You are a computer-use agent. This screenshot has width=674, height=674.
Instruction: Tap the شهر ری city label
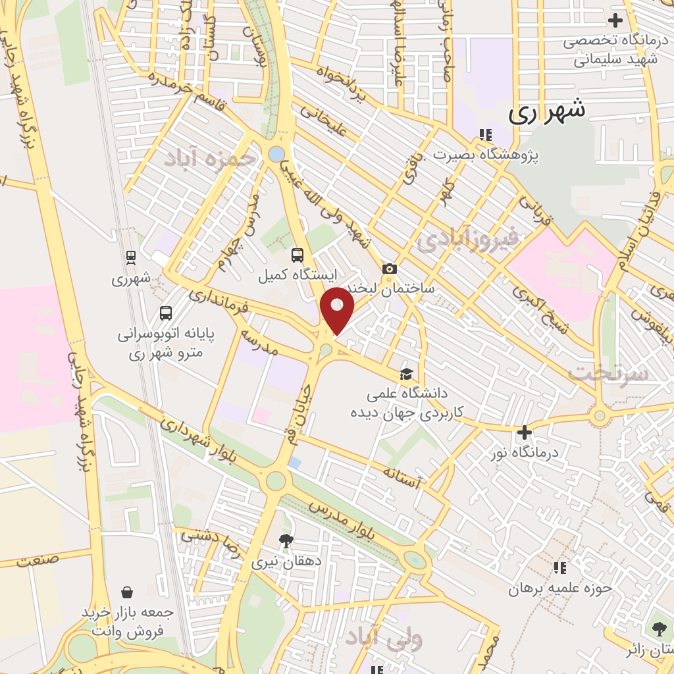[x=547, y=112]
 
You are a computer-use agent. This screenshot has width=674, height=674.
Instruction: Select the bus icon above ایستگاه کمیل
[x=298, y=255]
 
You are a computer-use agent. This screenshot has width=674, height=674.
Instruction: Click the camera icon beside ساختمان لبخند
[x=390, y=269]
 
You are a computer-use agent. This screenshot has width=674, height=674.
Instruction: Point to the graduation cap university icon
[x=407, y=374]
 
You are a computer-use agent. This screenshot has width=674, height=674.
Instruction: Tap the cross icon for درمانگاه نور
[x=525, y=432]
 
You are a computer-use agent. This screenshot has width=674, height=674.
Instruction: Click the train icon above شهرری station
[x=131, y=257]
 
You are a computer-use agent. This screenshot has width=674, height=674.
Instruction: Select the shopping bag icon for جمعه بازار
[x=127, y=592]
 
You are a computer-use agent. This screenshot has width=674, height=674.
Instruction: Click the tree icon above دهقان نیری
[x=286, y=541]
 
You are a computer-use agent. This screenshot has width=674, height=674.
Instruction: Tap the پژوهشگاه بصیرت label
[x=486, y=155]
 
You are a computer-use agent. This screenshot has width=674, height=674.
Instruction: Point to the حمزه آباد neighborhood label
[x=209, y=158]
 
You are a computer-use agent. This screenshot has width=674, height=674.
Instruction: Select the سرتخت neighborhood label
[x=608, y=373]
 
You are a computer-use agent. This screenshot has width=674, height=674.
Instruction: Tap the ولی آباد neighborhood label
[x=384, y=637]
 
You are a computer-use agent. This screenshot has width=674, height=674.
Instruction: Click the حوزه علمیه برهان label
[x=559, y=587]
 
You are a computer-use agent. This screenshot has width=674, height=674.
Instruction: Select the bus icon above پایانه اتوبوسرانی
[x=166, y=313]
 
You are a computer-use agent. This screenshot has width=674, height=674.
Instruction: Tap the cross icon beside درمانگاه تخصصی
[x=615, y=20]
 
